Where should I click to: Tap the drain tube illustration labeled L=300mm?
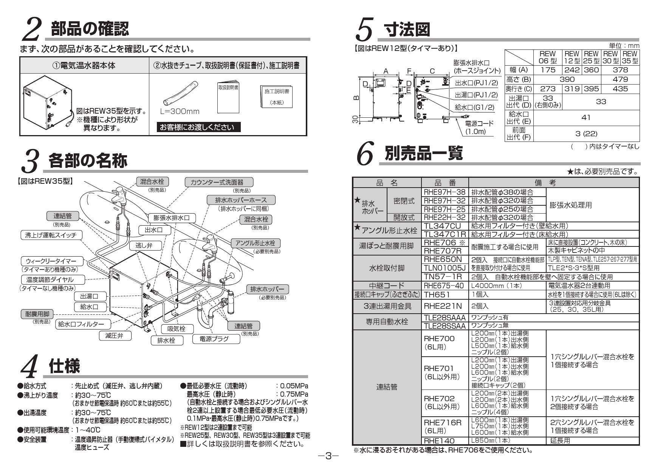coord(180,93)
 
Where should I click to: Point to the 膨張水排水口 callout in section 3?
coord(172,218)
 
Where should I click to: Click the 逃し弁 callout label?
coord(144,245)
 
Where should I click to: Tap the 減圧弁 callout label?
coord(114,335)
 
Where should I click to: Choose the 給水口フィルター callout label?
coord(83,324)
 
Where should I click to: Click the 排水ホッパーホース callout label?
coord(241,200)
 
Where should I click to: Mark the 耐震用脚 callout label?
coord(37,314)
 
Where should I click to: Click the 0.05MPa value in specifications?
coord(294,386)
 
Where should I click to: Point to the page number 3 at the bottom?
coord(328,456)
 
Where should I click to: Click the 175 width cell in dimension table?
coord(547,70)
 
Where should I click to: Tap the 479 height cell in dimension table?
coord(620,79)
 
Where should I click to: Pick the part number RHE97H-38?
coord(445,192)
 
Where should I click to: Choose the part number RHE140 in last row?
coord(439,440)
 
